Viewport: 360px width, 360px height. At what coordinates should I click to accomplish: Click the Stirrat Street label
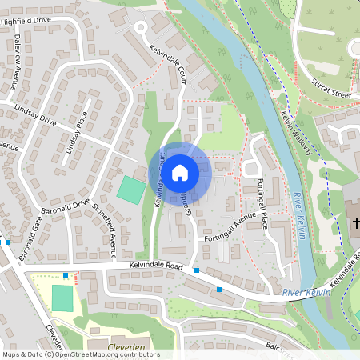point(331,94)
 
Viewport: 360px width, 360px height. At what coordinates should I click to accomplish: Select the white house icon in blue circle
point(180,172)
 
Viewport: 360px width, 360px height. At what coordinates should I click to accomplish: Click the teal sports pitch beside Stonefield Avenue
point(131,189)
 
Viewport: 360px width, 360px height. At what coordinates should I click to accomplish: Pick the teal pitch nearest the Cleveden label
point(62,297)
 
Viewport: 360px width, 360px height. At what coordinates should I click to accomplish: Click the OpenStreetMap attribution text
point(81,354)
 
